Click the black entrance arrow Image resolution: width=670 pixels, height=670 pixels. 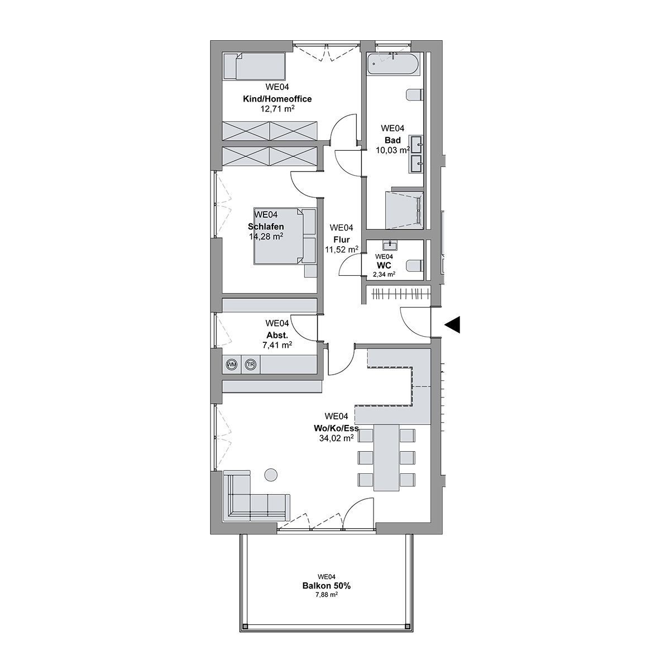452,325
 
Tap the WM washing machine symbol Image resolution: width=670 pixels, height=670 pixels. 231,365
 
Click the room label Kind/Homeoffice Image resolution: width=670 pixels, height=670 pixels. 277,99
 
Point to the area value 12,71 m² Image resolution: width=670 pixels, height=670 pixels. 277,109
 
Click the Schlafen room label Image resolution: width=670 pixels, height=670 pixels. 266,227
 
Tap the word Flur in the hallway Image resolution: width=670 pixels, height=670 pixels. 342,240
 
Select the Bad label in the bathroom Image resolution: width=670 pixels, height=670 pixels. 393,140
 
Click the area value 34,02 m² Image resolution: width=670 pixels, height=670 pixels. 336,438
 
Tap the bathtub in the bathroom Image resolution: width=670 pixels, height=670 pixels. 393,64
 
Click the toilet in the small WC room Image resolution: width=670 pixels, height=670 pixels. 415,266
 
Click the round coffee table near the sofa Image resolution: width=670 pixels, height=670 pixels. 270,475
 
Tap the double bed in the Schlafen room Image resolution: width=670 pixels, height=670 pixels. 285,236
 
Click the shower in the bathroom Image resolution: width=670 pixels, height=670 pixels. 404,210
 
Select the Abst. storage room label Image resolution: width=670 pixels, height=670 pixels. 277,335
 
